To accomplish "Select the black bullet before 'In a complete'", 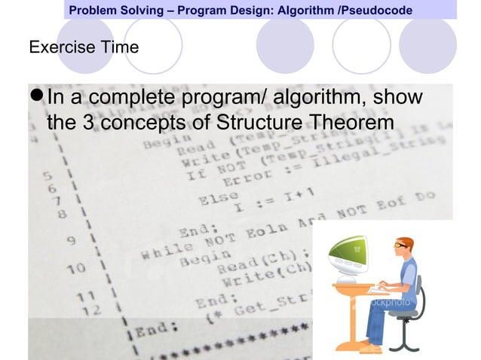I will point(36,99).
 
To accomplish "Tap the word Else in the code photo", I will point(215,200).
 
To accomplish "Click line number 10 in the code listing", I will point(75,267).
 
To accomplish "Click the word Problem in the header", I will point(96,11).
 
